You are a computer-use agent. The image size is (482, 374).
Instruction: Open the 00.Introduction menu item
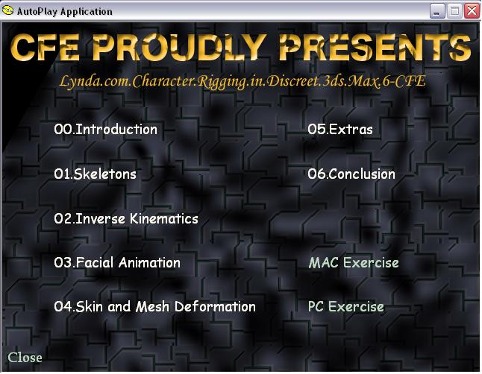(105, 130)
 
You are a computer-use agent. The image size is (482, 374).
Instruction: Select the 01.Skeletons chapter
(95, 174)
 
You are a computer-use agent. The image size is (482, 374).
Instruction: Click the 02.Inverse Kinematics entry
(126, 218)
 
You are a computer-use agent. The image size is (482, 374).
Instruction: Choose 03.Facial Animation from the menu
(117, 263)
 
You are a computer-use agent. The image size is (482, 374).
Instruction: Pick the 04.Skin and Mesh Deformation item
(154, 307)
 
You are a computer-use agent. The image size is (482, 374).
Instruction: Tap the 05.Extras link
(340, 130)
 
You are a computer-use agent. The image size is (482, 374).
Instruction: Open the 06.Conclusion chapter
(351, 174)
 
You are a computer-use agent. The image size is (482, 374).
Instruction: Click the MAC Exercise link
(354, 263)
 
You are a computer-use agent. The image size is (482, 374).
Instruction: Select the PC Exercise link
(345, 307)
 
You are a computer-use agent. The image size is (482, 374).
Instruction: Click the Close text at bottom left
(25, 358)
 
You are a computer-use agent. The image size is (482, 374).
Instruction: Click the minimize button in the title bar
(437, 11)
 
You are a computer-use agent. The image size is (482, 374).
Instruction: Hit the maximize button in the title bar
(454, 11)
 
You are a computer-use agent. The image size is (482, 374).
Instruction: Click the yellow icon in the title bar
(7, 10)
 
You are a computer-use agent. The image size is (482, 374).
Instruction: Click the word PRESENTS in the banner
(375, 48)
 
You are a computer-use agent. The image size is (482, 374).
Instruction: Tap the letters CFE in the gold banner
(45, 48)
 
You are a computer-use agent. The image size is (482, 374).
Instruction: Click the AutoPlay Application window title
(65, 12)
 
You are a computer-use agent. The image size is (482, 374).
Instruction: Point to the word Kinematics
(164, 218)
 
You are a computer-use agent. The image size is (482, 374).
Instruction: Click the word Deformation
(215, 307)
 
